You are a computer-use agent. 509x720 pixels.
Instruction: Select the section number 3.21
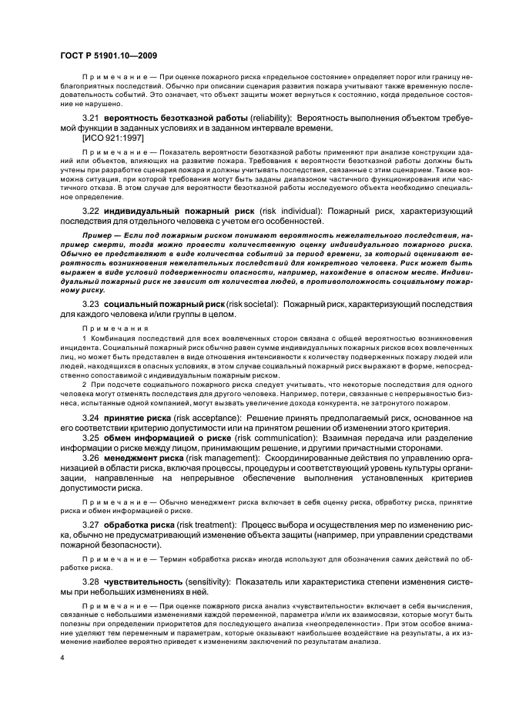92,116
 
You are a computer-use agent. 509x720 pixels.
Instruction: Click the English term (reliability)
266,116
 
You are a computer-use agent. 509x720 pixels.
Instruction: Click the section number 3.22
92,210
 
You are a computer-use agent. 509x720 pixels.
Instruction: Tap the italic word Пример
96,232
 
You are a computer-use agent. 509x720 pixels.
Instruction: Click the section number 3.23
92,305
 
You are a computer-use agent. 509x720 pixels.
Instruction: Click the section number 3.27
92,525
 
